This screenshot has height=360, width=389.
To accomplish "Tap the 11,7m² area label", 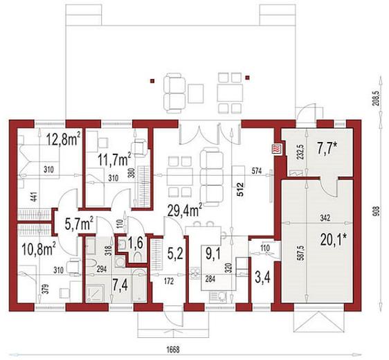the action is [x=114, y=159].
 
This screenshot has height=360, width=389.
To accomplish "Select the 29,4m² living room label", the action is [x=185, y=210].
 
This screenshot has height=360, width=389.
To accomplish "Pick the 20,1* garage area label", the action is [x=333, y=240].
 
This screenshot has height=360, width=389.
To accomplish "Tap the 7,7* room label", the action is [x=327, y=148].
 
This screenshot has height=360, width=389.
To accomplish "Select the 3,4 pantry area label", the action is [x=263, y=277].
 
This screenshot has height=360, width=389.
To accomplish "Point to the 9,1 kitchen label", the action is [x=212, y=253].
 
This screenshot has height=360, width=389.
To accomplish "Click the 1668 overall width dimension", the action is [x=172, y=350].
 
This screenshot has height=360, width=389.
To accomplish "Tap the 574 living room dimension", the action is [x=256, y=171].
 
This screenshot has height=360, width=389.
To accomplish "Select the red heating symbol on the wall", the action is [x=276, y=150].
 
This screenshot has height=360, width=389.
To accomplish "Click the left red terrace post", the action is [x=153, y=80].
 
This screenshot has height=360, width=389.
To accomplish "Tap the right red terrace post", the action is [x=247, y=78].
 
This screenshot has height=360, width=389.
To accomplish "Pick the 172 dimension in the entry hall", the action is [x=169, y=281].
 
